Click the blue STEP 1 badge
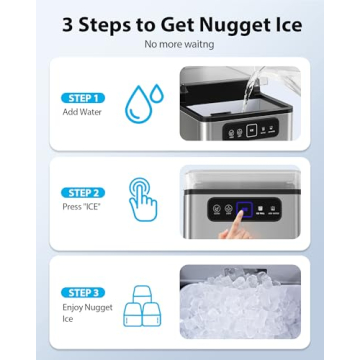[83, 98]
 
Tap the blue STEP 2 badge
[83, 192]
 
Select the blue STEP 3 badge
[83, 292]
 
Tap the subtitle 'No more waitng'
[179, 44]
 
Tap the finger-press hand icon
[143, 200]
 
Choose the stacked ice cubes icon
[141, 306]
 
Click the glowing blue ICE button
[241, 208]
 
